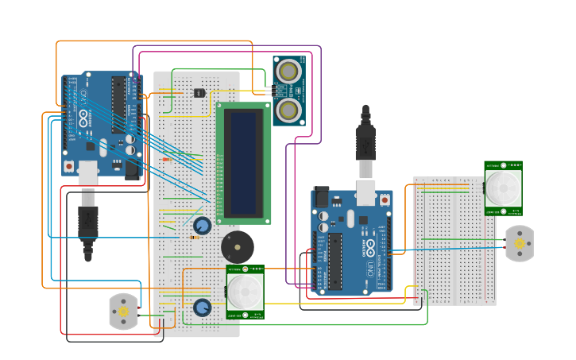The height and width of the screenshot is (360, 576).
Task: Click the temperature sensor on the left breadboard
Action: click(199, 92)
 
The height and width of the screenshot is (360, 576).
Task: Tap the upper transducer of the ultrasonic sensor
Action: click(288, 72)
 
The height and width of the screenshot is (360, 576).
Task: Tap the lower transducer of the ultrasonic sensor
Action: click(288, 109)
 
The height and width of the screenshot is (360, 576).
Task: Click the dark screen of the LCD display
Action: click(243, 164)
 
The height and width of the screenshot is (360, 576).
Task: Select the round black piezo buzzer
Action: click(238, 247)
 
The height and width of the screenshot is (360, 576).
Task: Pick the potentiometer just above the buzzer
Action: click(202, 226)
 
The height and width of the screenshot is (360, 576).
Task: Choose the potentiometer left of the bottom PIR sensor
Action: click(202, 307)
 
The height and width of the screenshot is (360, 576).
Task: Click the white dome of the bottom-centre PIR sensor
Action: click(245, 292)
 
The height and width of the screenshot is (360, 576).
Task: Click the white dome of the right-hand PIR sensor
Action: click(503, 188)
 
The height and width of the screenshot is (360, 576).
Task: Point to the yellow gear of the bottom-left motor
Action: click(123, 312)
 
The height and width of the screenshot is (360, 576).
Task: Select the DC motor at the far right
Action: click(520, 243)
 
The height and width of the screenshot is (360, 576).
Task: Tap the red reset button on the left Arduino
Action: click(70, 165)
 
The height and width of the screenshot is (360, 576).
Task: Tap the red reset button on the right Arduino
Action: click(385, 200)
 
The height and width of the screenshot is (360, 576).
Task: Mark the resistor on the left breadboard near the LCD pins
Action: click(167, 159)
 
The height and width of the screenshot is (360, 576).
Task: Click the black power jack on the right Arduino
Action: click(321, 196)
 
